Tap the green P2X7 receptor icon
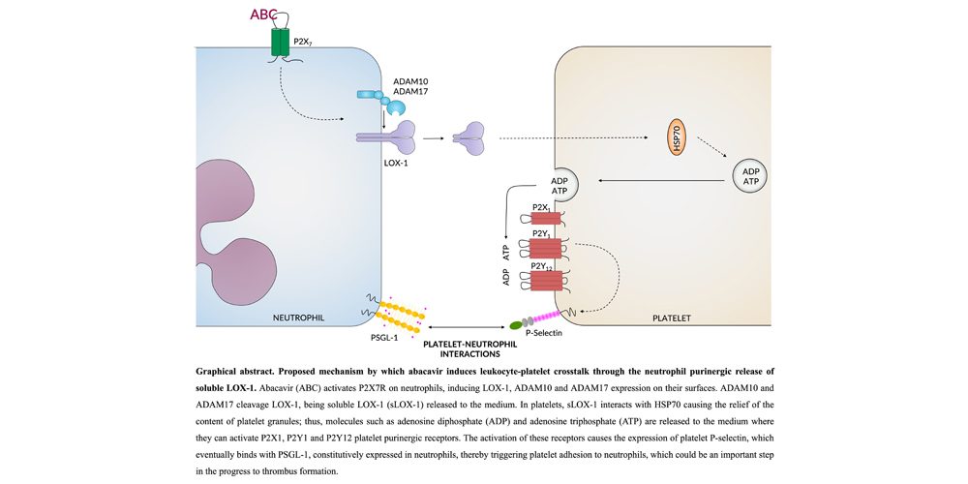coord(280,41)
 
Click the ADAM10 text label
coord(410,82)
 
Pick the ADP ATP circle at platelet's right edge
coord(750,179)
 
